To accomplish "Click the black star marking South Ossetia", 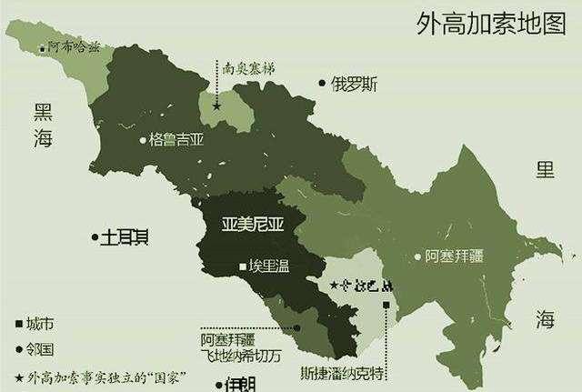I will (216, 106).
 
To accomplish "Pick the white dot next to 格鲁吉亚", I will (143, 140).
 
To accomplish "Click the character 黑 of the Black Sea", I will (42, 111).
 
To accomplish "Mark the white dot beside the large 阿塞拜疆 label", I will (417, 256).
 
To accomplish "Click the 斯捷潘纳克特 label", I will (344, 371).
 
